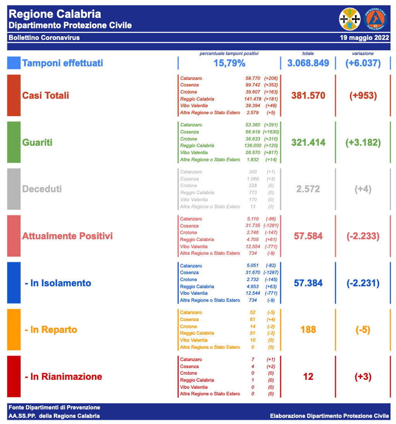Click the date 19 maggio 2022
tap(364, 38)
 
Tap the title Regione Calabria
tap(55, 14)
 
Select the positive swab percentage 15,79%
tap(229, 63)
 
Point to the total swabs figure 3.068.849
tap(308, 63)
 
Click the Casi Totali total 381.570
tap(308, 95)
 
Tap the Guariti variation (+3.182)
tap(363, 142)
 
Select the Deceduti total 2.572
tap(308, 189)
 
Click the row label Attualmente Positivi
tap(67, 236)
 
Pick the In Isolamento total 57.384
tap(308, 283)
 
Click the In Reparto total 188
tap(308, 330)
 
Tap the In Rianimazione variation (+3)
tap(363, 377)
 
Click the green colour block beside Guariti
tap(14, 142)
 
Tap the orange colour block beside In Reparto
tap(14, 330)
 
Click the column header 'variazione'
tap(363, 54)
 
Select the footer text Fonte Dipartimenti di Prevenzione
tap(54, 408)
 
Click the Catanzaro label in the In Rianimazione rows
tap(191, 359)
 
